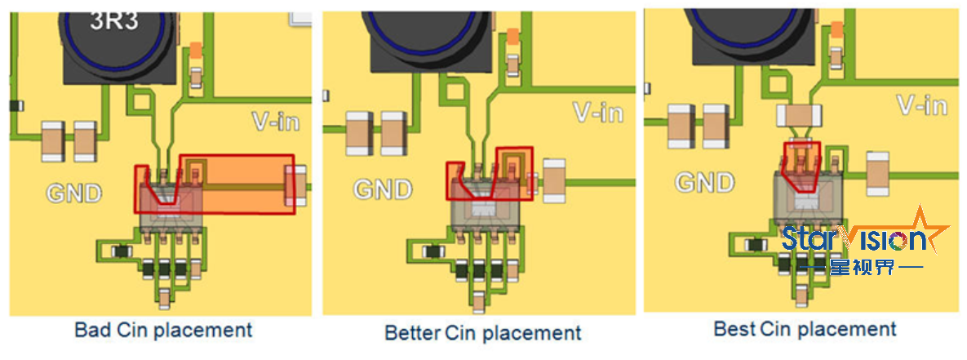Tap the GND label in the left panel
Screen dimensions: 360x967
tap(74, 194)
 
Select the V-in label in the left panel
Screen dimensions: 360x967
tap(274, 122)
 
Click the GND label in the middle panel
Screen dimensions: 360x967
tap(384, 189)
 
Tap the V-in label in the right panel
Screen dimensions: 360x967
tap(922, 105)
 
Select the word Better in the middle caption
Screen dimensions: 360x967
tap(412, 333)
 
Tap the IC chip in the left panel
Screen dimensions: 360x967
tap(171, 208)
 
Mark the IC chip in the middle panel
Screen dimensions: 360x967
tap(486, 204)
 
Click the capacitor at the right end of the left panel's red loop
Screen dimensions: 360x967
tap(295, 184)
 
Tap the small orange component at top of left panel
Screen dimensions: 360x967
tap(196, 50)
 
